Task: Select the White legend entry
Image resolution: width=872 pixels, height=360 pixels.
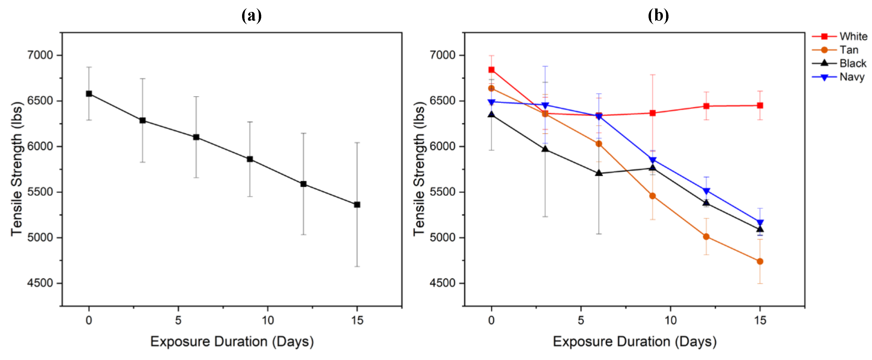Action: (x=853, y=36)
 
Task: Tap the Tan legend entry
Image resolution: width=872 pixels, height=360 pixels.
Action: (x=849, y=50)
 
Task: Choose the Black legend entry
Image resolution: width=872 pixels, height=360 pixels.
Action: (x=852, y=63)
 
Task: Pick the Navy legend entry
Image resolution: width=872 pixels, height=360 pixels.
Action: (x=852, y=77)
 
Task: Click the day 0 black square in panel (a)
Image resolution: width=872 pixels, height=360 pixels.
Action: (x=89, y=94)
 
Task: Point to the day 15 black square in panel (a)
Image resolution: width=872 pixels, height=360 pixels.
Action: (x=357, y=205)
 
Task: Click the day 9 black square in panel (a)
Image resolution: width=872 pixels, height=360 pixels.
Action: (x=250, y=159)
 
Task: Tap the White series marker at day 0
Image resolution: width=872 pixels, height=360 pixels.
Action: (x=492, y=70)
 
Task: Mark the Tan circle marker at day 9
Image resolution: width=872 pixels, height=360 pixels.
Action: (x=653, y=196)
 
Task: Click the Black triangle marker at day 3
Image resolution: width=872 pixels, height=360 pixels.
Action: (x=545, y=149)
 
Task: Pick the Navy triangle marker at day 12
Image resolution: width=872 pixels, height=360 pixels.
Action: (x=706, y=191)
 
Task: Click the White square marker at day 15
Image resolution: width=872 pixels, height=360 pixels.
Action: (x=760, y=106)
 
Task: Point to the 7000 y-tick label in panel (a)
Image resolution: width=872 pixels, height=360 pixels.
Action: (x=40, y=55)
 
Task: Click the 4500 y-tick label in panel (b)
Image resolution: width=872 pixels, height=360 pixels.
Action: (x=442, y=283)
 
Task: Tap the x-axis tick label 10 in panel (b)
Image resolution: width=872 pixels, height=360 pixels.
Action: (x=670, y=320)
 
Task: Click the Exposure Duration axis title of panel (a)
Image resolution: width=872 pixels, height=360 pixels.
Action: (x=232, y=341)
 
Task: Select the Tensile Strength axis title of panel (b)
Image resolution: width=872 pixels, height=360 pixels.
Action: (x=419, y=169)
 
